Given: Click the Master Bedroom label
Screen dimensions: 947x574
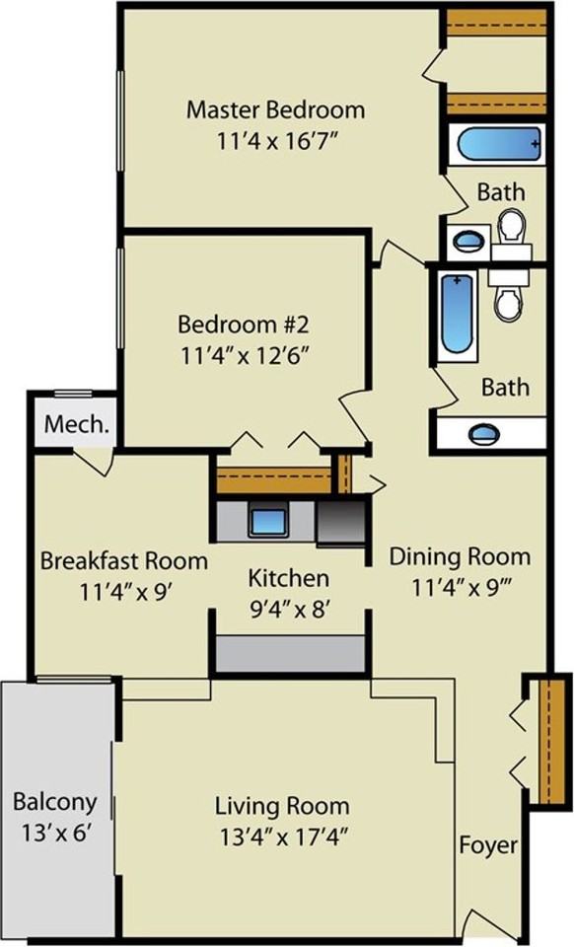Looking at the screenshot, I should coord(275,109).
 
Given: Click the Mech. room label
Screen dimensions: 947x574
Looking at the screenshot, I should coord(76,426).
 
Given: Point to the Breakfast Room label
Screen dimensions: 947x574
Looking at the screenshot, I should coord(123,561).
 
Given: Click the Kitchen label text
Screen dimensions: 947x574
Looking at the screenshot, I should coord(288,578).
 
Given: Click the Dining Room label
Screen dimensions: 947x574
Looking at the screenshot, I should coord(460,555).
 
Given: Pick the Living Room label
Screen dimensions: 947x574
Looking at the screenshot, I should coord(282,806).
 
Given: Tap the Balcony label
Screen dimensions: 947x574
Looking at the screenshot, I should coord(55,801).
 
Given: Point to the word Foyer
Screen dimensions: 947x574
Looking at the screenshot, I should coord(487,845).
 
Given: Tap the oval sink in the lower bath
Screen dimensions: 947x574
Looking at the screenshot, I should coord(483,433).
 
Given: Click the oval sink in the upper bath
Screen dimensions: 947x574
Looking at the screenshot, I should coord(468,239).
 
